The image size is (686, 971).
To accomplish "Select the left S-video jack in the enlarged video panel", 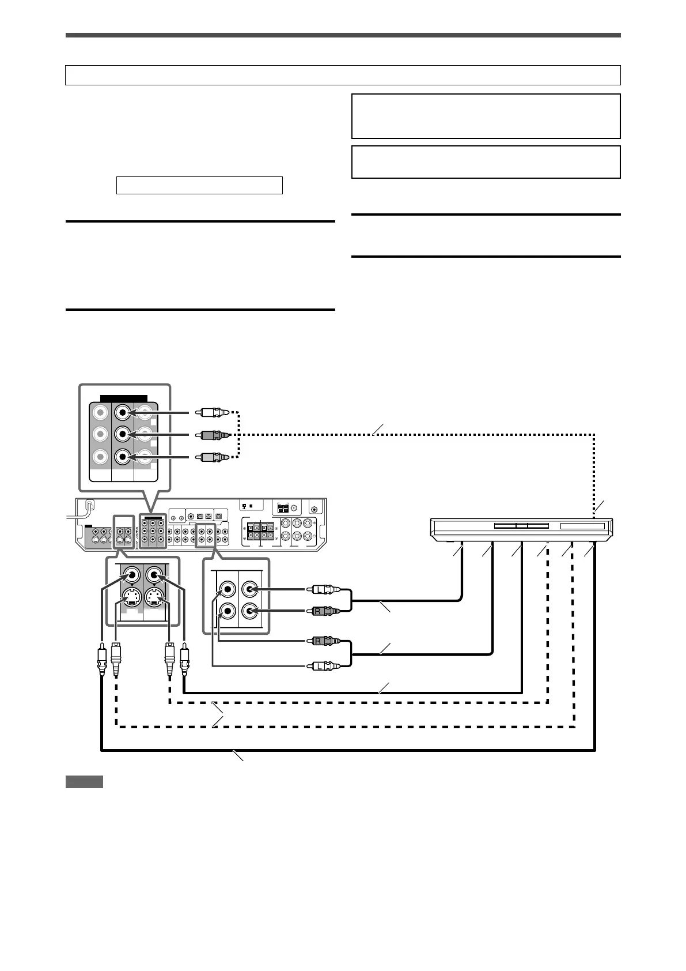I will point(132,596).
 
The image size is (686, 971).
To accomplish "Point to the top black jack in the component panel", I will point(123,413).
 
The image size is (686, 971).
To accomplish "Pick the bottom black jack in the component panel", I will point(123,457).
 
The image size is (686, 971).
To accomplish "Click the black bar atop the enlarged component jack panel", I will point(124,398).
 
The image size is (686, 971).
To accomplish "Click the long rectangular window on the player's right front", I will point(582,526).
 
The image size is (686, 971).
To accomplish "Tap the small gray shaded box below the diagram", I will point(84,782).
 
